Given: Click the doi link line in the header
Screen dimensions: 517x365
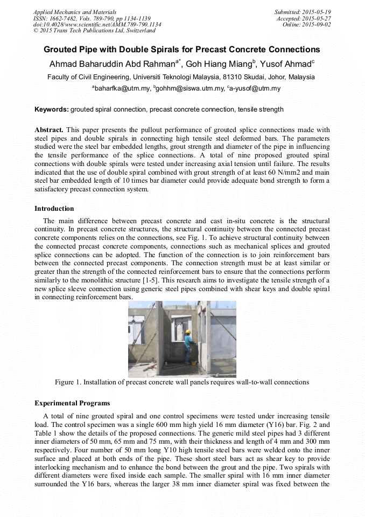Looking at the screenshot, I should coord(97,25).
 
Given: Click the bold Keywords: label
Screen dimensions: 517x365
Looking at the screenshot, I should coord(52,109).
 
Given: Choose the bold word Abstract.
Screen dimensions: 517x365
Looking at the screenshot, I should coord(49,130).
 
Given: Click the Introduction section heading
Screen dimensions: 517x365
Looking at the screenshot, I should coord(54,208).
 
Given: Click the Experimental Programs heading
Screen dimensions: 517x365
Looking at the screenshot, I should coord(72,403).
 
